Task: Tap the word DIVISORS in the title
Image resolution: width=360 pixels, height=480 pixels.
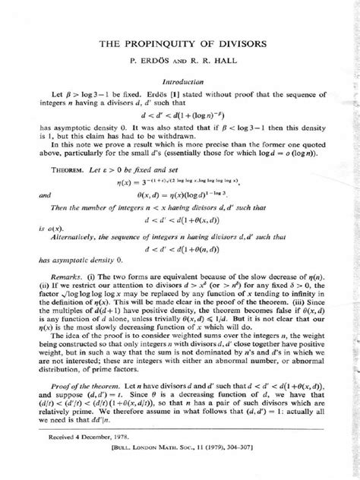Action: pyautogui.click(x=242, y=46)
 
